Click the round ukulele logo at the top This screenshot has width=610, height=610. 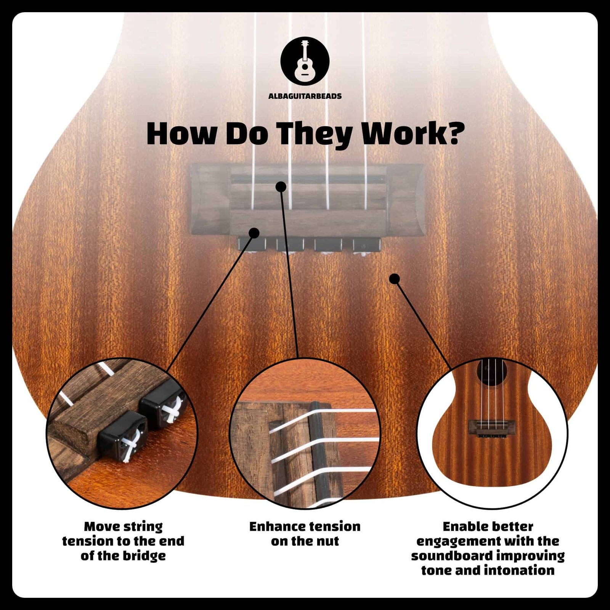(x=305, y=61)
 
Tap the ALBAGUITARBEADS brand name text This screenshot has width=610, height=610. (x=305, y=96)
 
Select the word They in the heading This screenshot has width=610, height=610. (x=315, y=134)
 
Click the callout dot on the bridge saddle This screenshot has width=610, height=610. (x=281, y=186)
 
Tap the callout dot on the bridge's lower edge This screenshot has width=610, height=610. (x=254, y=233)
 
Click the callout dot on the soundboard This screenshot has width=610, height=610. (x=395, y=279)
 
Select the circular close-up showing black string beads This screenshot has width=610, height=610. (x=122, y=433)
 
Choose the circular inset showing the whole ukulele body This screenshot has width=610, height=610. (x=492, y=433)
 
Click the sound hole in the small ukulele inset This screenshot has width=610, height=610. (x=492, y=371)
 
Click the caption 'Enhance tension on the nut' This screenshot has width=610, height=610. (x=305, y=534)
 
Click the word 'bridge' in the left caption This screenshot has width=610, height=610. (x=144, y=556)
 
